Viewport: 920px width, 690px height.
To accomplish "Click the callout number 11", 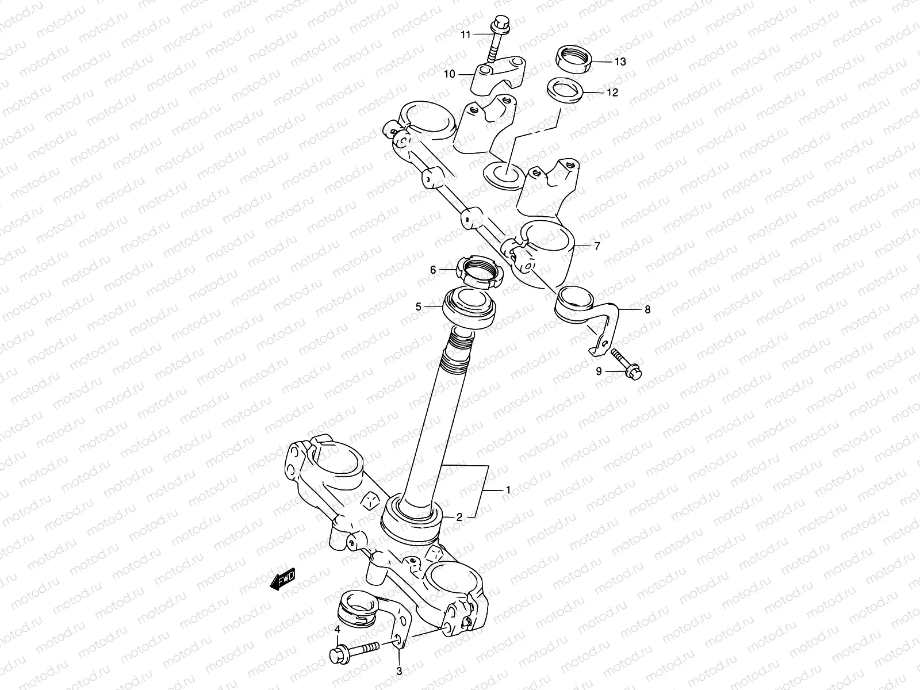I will click(x=465, y=34).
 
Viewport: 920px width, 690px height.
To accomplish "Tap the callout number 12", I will click(x=612, y=92).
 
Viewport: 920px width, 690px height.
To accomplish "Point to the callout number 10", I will click(x=449, y=74).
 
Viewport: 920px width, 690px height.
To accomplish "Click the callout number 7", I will click(x=597, y=246).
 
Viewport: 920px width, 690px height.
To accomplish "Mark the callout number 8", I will click(x=647, y=309).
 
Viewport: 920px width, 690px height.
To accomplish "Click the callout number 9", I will click(x=599, y=371).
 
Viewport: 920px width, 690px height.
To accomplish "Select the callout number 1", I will click(x=508, y=490).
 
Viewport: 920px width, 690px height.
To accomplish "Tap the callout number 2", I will click(x=459, y=517).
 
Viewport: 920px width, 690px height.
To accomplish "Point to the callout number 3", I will click(x=398, y=671).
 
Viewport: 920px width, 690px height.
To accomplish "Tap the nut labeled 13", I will click(x=574, y=59).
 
